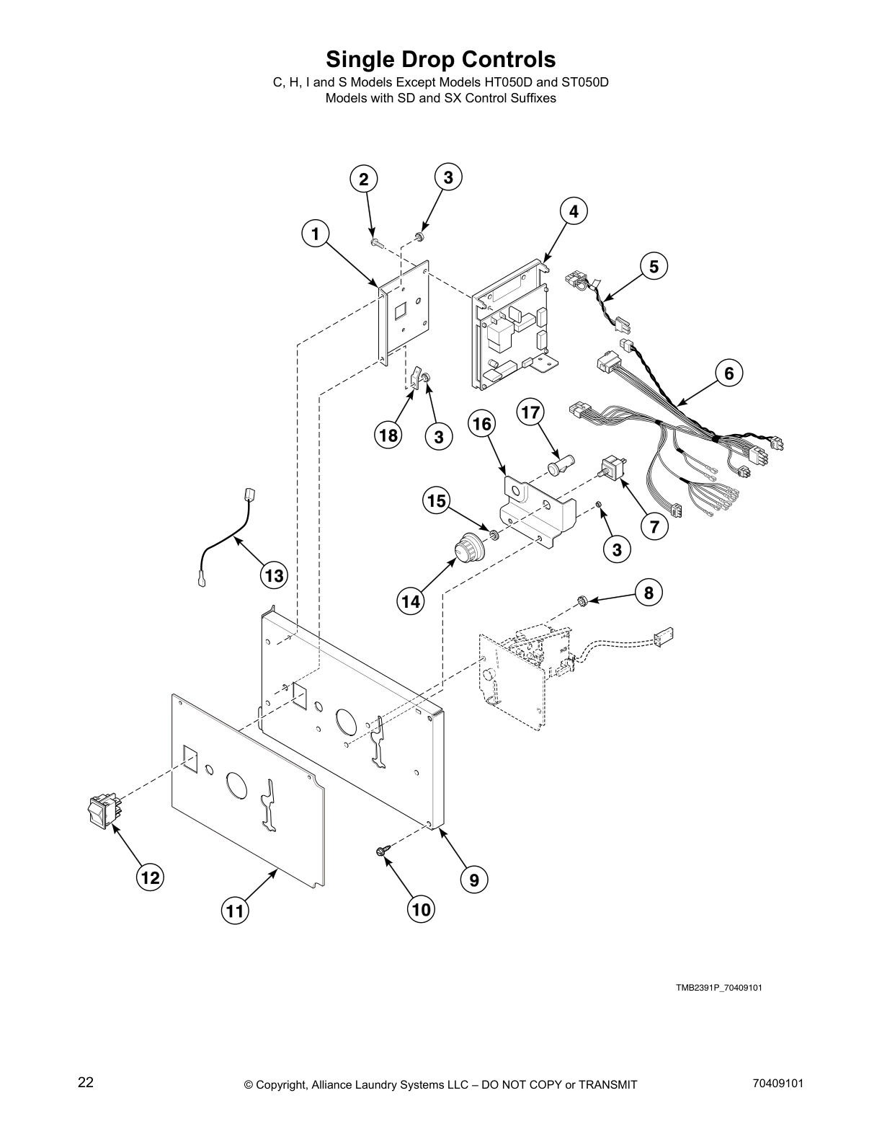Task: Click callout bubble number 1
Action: click(x=315, y=234)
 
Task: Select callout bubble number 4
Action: click(x=574, y=212)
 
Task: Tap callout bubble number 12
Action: click(x=150, y=877)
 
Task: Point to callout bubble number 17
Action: click(x=530, y=412)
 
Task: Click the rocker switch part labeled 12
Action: click(x=102, y=810)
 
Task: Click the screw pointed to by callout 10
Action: click(x=382, y=852)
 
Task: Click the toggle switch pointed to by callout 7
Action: click(x=611, y=469)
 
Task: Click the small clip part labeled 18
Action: click(x=416, y=377)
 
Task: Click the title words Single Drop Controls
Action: click(x=440, y=58)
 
